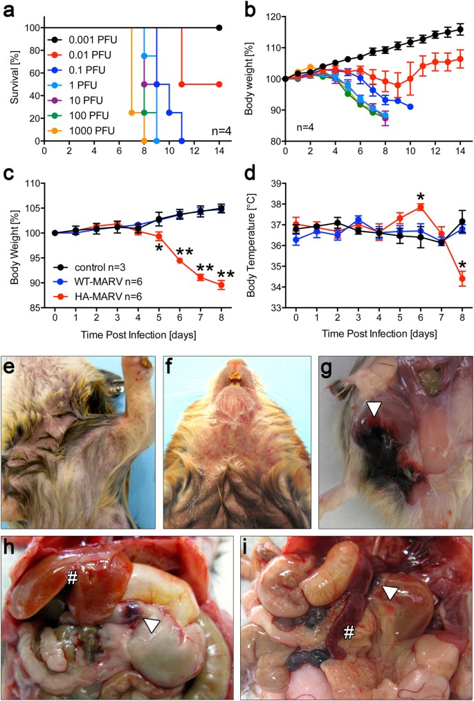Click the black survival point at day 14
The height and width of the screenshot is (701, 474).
[219, 28]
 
